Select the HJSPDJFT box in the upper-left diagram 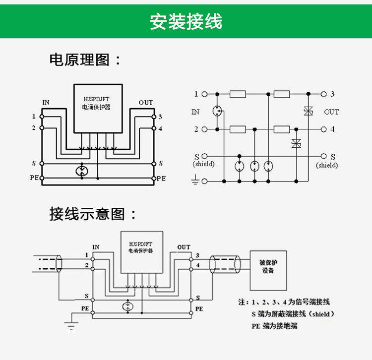click(98, 108)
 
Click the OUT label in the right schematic click(331, 112)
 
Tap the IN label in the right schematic click(195, 112)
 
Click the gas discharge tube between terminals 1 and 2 click(217, 111)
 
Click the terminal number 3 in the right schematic click(332, 94)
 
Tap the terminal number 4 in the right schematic click(332, 129)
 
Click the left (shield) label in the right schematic click(203, 164)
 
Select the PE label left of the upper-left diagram click(34, 178)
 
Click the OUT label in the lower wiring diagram click(184, 247)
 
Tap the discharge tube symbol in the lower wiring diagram click(128, 305)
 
